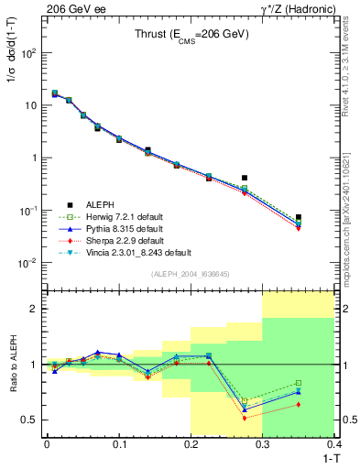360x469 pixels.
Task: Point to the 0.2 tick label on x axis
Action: coord(191,445)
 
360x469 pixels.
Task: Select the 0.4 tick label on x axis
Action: coord(334,445)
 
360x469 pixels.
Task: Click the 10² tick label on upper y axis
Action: coord(31,53)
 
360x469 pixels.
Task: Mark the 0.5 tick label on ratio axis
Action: coord(31,420)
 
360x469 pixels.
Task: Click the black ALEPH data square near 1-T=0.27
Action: coord(245,178)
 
